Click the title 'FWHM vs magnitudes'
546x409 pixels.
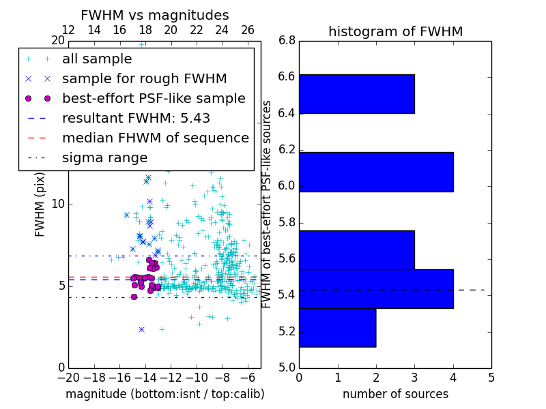(155, 15)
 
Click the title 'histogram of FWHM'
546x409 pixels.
(395, 31)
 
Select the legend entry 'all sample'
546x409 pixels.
(96, 59)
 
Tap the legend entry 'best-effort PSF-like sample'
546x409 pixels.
(154, 98)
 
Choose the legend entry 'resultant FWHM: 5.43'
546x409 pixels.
(136, 118)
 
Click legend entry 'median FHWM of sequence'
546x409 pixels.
(155, 138)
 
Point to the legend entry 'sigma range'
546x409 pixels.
(104, 157)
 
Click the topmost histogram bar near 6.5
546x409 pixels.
(356, 93)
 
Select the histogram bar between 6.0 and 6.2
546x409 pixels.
(376, 172)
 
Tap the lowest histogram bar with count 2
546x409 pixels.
(337, 327)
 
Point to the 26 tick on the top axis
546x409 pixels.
(247, 30)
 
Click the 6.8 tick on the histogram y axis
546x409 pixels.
(287, 40)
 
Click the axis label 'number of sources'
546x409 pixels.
(395, 394)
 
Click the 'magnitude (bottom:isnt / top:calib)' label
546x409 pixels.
(164, 394)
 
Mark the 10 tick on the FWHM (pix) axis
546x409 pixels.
(58, 204)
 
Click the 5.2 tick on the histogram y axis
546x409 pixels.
(287, 331)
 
